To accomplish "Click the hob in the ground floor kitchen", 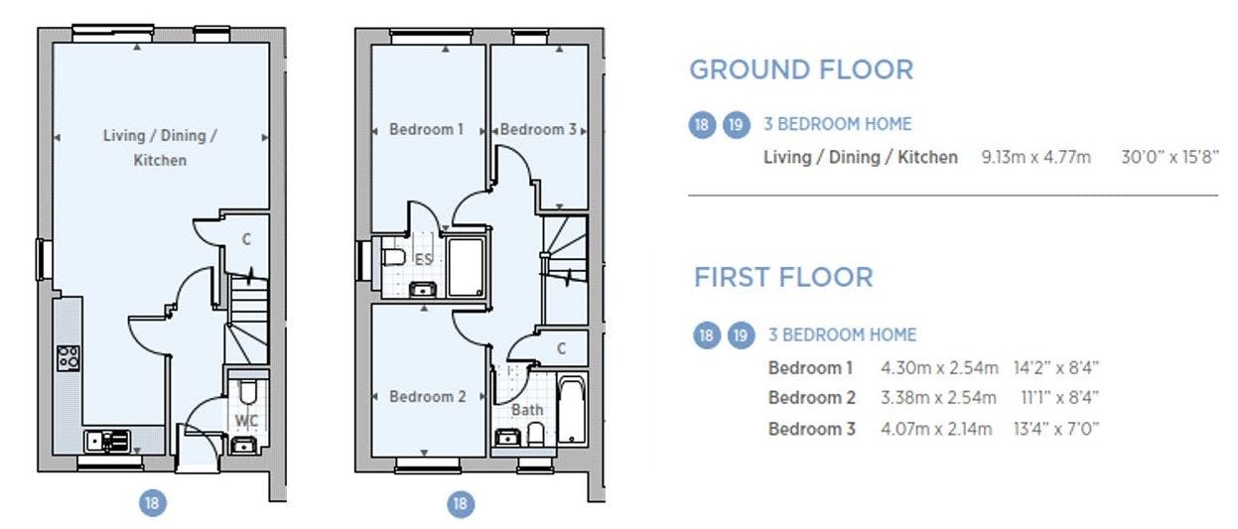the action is click(x=69, y=358).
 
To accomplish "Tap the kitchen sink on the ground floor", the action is click(x=108, y=441).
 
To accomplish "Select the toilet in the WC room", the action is click(x=247, y=392).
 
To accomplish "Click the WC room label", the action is click(x=246, y=421).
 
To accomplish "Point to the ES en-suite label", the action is click(x=423, y=259).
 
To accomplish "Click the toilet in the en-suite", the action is click(x=393, y=258).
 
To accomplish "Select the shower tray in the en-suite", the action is click(x=466, y=268).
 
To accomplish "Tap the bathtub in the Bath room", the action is click(x=572, y=410).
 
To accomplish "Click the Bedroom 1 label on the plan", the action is click(x=426, y=129).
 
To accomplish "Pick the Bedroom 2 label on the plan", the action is click(x=428, y=396).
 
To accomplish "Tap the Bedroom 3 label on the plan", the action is click(x=538, y=129).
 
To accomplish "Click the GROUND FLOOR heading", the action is click(x=801, y=70).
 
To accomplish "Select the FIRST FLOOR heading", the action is click(x=783, y=277).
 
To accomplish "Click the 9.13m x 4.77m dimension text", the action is click(x=1036, y=158).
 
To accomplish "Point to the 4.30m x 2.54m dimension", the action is click(x=939, y=368).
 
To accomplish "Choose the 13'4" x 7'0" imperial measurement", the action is click(x=1056, y=429).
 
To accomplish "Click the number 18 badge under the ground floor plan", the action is click(x=153, y=503).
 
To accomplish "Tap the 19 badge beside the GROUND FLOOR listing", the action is click(x=737, y=125).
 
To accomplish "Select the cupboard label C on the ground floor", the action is click(x=246, y=239).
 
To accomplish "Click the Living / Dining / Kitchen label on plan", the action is click(x=160, y=148).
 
